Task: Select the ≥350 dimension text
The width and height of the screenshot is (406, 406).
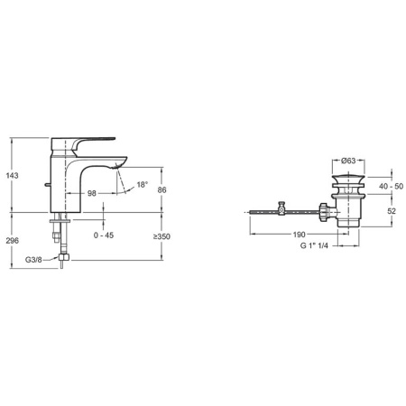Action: point(162,237)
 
